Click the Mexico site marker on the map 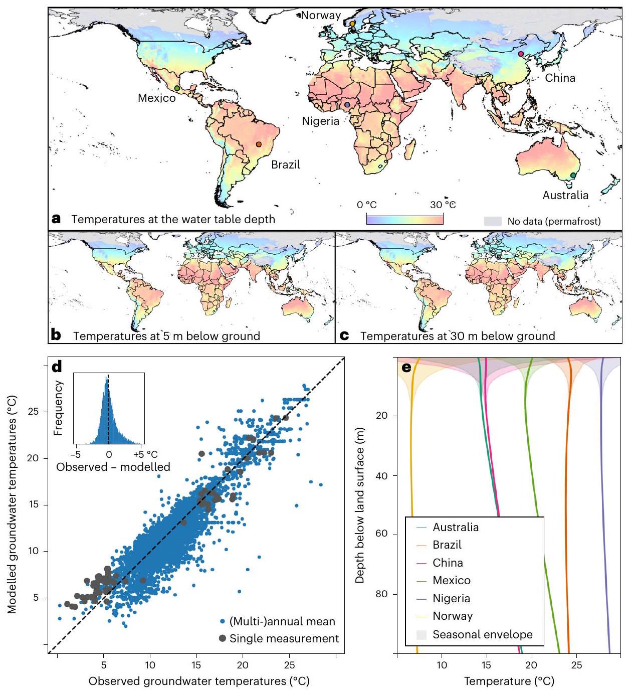177,88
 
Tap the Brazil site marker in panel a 259,144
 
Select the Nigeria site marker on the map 347,105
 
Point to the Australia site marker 573,176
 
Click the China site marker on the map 521,54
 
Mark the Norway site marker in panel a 352,24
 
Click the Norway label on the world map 321,15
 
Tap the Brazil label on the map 286,164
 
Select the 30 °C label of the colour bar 443,205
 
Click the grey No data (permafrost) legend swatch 493,221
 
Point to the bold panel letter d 57,367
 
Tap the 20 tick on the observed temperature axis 243,665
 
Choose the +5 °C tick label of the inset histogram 146,454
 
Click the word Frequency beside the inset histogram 59,408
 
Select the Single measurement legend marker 223,639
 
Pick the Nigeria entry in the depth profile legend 452,598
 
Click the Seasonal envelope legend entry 482,634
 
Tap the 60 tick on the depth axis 381,534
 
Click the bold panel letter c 344,335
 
